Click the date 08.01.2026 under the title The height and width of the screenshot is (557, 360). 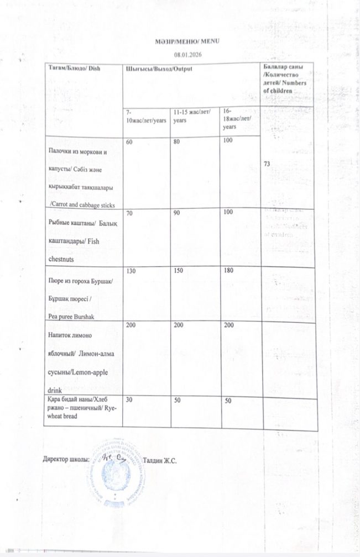coord(182,54)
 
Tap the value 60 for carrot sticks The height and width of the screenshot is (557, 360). coord(129,143)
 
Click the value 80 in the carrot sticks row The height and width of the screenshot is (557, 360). coord(176,143)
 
